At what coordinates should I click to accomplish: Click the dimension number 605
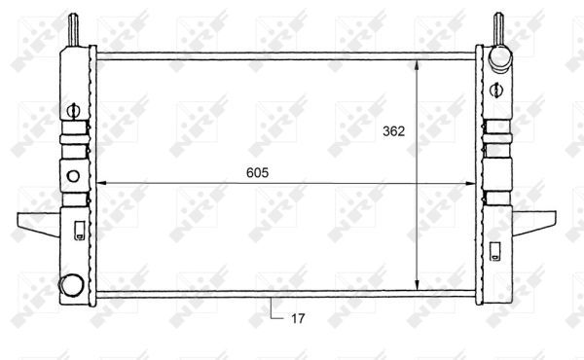[257, 173]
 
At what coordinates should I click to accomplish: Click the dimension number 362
[393, 131]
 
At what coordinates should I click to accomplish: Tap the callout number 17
[298, 319]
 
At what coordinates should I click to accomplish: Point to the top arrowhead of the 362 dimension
[417, 65]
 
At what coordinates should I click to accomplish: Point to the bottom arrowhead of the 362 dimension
[417, 285]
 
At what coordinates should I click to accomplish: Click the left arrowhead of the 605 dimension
[102, 183]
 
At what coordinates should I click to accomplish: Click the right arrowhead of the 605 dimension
[470, 183]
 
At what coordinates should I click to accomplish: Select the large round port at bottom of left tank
[71, 285]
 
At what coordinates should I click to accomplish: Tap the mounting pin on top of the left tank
[73, 30]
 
